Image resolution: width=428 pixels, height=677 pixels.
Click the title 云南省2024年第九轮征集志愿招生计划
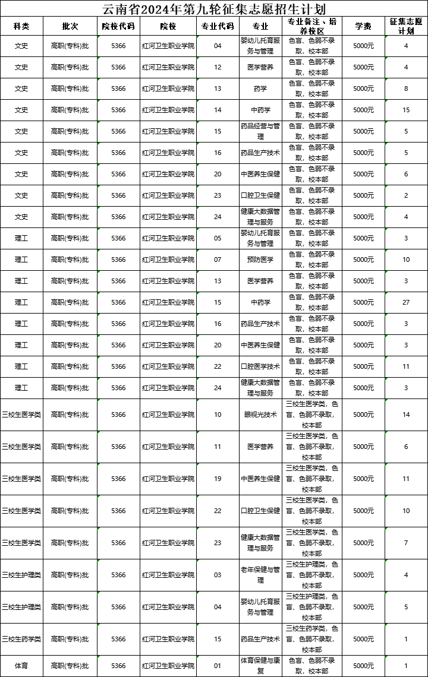[214, 9]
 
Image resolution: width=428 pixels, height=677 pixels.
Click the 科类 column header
[21, 26]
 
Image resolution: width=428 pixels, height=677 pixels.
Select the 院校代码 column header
[118, 26]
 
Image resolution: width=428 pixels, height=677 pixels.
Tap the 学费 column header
[363, 26]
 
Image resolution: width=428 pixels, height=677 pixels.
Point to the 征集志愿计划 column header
[406, 26]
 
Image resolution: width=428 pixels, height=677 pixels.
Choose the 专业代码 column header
[218, 26]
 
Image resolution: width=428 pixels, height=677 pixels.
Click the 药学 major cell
[260, 88]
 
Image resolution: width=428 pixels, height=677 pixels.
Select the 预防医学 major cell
[260, 260]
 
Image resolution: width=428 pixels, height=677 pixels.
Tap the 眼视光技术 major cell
[260, 415]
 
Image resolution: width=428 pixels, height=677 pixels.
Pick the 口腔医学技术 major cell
[260, 366]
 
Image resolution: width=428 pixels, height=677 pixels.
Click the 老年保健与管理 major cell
[260, 575]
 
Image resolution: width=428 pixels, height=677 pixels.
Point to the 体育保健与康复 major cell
[260, 665]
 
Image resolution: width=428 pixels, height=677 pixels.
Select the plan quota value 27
[406, 302]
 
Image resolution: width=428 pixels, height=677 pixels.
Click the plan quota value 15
[406, 110]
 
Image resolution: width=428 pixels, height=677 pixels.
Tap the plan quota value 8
[406, 88]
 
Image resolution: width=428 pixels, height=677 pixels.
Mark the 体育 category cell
[21, 665]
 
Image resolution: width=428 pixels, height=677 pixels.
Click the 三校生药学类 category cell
[21, 639]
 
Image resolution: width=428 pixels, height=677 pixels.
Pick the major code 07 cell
[218, 260]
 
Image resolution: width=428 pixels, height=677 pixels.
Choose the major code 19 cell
[218, 479]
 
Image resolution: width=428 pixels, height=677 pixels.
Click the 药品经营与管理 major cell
[260, 131]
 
